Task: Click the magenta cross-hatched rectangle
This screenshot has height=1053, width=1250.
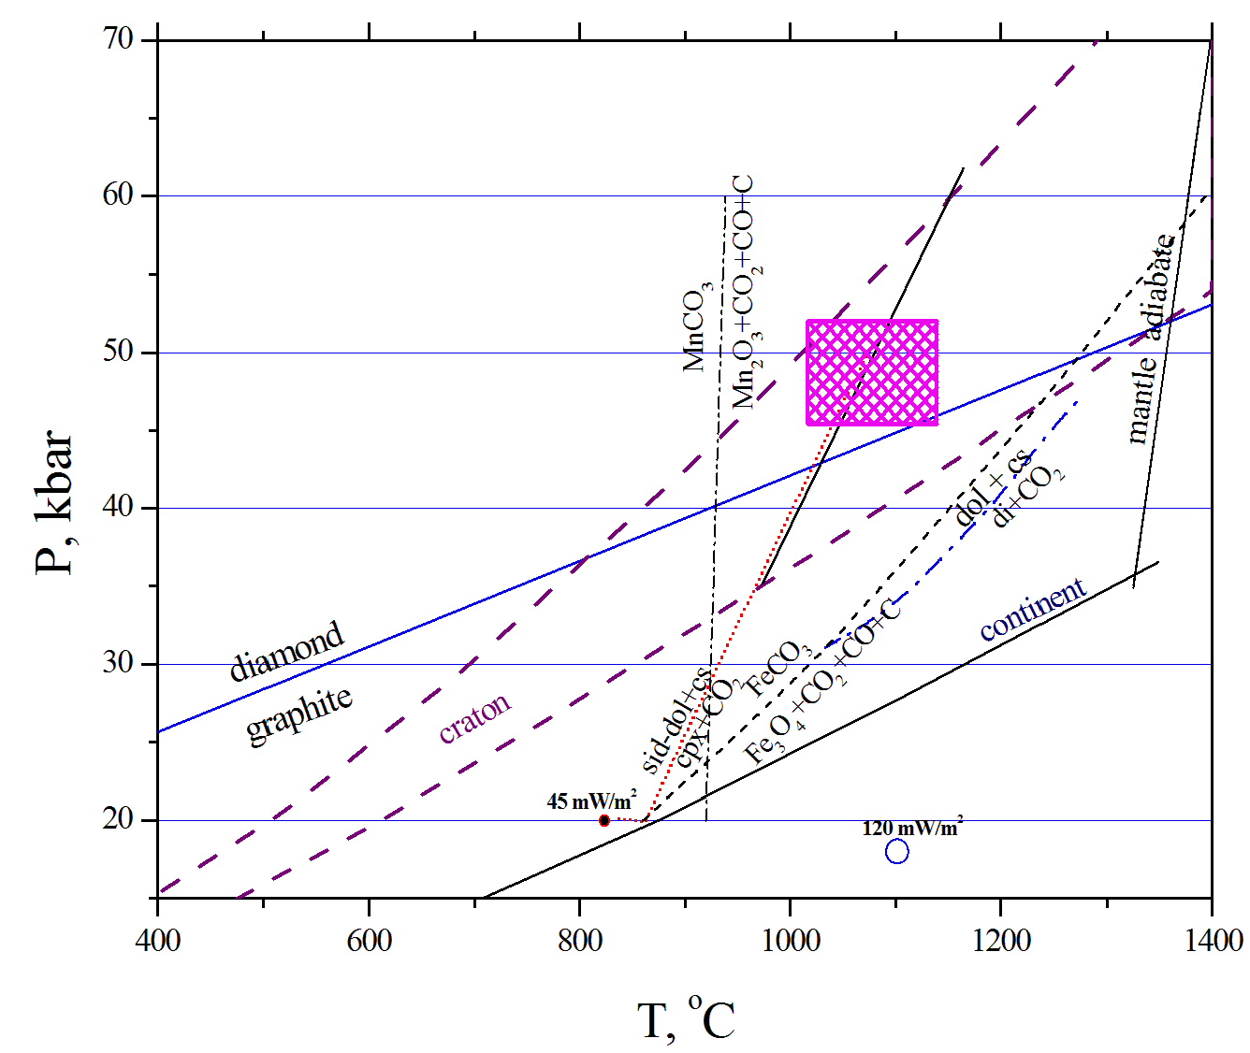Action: [x=872, y=372]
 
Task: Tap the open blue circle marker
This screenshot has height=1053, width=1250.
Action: [x=896, y=851]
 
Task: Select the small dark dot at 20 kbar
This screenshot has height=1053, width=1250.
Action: [x=604, y=820]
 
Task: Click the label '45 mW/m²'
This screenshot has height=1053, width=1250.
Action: [x=591, y=801]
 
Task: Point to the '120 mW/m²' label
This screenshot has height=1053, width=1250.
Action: [x=912, y=828]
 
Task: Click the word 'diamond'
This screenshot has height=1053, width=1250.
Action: [x=287, y=651]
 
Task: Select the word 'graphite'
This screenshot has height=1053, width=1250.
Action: [x=299, y=715]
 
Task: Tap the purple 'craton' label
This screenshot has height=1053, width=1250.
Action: [x=475, y=717]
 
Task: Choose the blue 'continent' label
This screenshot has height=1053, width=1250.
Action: [x=1033, y=609]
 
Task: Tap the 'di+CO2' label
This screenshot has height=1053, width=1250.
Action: [x=1028, y=497]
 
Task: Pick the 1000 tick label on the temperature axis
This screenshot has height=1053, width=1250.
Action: [x=791, y=940]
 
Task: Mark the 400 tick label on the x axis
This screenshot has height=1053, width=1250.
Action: [x=157, y=940]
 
